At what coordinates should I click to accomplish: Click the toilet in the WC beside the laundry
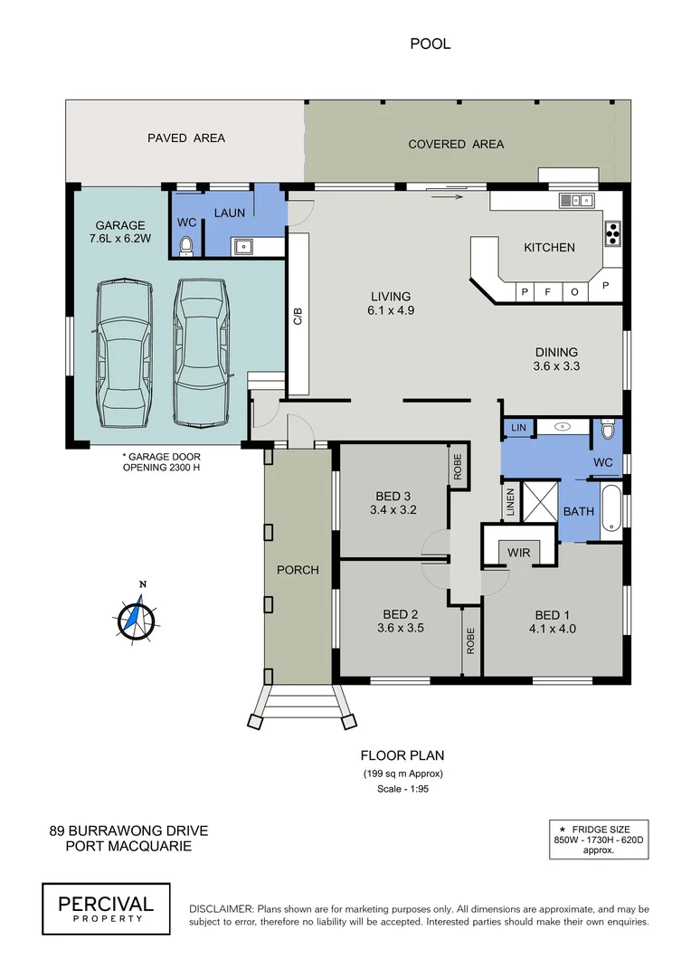(x=187, y=244)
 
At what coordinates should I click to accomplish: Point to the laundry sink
(x=242, y=244)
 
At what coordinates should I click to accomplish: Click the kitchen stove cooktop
(x=612, y=232)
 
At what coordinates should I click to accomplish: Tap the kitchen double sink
(x=573, y=200)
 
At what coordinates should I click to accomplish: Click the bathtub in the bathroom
(x=611, y=510)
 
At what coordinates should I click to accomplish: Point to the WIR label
(x=519, y=551)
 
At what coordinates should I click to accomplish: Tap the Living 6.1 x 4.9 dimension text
(x=391, y=310)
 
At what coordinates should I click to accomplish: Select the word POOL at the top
(x=430, y=43)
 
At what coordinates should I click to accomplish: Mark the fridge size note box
(x=601, y=839)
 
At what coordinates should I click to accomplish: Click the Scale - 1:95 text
(x=402, y=790)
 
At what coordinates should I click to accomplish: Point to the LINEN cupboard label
(x=511, y=502)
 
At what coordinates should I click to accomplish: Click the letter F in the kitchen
(x=548, y=292)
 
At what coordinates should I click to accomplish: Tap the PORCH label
(x=298, y=570)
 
